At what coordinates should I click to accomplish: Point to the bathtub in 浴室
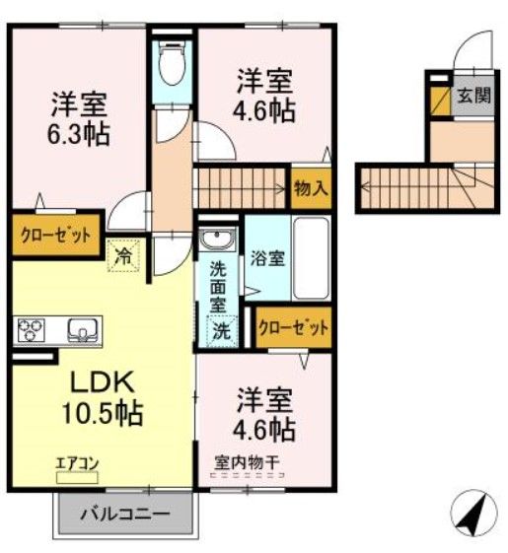pos(313,258)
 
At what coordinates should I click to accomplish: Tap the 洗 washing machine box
pos(223,331)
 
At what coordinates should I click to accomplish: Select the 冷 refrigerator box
pos(125,253)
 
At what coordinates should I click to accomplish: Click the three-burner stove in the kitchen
pos(30,328)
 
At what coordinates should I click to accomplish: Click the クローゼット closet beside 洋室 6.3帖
pos(56,236)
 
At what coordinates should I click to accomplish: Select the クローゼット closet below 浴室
pos(293,328)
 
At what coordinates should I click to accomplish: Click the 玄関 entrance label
pos(472,97)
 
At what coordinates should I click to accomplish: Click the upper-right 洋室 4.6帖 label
pos(265,94)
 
